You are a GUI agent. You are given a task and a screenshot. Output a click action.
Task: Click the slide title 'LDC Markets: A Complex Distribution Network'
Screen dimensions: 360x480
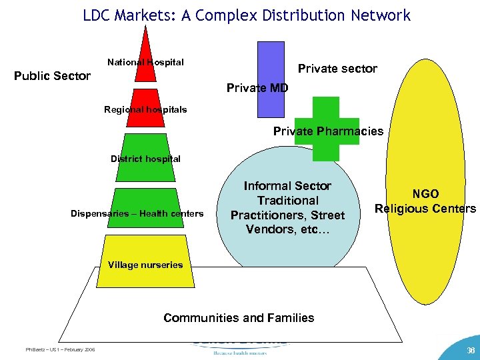coord(247,15)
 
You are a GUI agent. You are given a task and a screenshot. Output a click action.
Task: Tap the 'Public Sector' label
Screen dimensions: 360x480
coord(52,76)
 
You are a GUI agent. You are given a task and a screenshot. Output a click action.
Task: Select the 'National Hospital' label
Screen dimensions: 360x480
coord(145,62)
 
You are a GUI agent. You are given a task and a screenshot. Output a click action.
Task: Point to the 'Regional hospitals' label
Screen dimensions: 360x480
coord(145,109)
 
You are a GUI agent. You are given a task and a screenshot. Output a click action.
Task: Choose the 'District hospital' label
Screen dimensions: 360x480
coord(145,159)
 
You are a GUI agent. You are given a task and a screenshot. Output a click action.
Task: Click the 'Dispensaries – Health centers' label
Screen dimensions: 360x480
coord(137,213)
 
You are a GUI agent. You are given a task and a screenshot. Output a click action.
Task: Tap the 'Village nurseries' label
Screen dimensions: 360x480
coord(145,265)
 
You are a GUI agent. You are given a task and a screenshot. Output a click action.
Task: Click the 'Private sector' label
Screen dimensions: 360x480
coord(337,68)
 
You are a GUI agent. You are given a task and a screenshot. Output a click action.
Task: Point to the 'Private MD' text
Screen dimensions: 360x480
coord(257,87)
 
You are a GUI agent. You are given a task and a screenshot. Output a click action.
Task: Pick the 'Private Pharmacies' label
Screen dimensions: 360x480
coord(328,131)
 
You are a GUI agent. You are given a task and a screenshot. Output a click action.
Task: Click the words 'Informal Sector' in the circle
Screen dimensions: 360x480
coord(287,186)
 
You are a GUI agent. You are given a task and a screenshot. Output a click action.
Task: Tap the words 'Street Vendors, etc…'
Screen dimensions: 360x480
coord(287,223)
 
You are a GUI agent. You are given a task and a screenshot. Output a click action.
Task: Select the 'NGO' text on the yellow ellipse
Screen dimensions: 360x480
coord(425,194)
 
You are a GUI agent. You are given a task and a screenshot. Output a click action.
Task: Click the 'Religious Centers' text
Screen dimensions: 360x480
coord(425,209)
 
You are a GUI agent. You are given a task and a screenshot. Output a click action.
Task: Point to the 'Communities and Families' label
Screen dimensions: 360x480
coord(239,317)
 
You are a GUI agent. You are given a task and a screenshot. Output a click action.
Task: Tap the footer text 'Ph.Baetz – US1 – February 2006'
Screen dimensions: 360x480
coord(60,349)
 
